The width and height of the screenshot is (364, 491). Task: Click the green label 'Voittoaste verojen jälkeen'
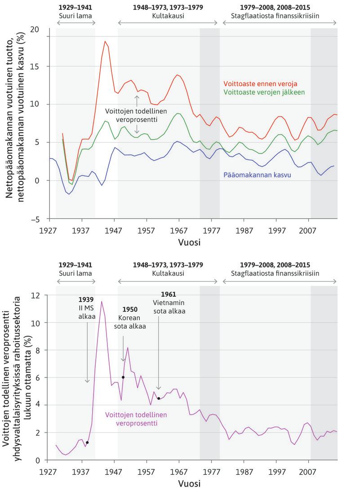pyautogui.click(x=264, y=92)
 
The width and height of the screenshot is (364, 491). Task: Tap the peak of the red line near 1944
pyautogui.click(x=105, y=41)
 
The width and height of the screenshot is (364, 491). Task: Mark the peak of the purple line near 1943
pyautogui.click(x=102, y=301)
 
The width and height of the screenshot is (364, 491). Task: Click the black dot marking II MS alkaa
pyautogui.click(x=87, y=443)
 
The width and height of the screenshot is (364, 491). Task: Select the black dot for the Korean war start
pyautogui.click(x=123, y=377)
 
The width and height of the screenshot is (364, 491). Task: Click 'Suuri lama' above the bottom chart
pyautogui.click(x=75, y=272)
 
